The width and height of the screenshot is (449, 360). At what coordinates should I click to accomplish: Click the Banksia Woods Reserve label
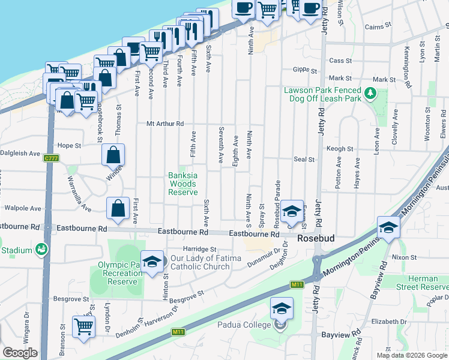pyautogui.click(x=182, y=184)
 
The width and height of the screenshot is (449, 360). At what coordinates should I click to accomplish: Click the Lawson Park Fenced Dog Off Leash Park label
pyautogui.click(x=322, y=94)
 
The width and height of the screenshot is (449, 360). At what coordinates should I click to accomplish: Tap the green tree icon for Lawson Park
pyautogui.click(x=371, y=94)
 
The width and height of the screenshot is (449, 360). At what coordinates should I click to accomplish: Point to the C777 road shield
pyautogui.click(x=50, y=158)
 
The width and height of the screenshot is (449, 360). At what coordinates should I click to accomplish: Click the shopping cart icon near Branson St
pyautogui.click(x=83, y=326)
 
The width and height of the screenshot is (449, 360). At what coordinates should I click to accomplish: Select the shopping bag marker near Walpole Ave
pyautogui.click(x=118, y=208)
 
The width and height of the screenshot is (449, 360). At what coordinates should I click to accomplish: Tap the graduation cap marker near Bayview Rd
pyautogui.click(x=388, y=227)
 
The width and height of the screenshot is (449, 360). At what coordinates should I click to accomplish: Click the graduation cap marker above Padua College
pyautogui.click(x=281, y=308)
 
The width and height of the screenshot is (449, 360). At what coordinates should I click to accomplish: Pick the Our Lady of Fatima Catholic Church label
pyautogui.click(x=206, y=262)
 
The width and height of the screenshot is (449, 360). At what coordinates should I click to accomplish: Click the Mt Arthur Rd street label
pyautogui.click(x=164, y=124)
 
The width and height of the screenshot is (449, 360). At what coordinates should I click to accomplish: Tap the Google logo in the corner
pyautogui.click(x=20, y=352)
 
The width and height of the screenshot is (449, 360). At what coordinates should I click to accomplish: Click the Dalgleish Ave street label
pyautogui.click(x=20, y=153)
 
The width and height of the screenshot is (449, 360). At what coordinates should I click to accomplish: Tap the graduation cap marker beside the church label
pyautogui.click(x=152, y=261)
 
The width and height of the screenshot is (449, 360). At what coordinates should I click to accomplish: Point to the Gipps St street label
pyautogui.click(x=305, y=70)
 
